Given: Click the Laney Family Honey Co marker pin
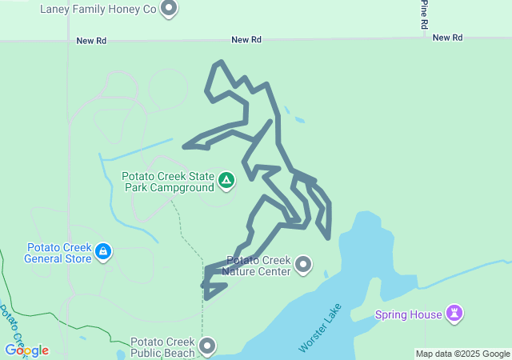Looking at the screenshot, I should pos(169,10).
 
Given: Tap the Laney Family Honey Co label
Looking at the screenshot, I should pos(98,10).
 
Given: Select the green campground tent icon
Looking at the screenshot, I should pos(226,181).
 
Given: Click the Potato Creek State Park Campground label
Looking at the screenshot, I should pos(168,182).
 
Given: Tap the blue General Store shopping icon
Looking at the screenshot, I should pos(102,252).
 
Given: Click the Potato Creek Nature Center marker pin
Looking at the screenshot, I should pos(303,264).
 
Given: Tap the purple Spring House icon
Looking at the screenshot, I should pos(455,313).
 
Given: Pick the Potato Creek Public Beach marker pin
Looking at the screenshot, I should pos(207,346).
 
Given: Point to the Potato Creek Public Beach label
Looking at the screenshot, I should pos(162,346).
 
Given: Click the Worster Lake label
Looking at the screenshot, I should pos(320,328).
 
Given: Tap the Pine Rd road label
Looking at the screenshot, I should pos(424,14).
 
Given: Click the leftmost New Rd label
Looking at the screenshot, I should pos(91,40).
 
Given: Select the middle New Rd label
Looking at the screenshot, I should pos(246,39).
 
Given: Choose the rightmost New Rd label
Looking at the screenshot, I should pos(447,38).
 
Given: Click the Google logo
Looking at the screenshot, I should pos(26,350).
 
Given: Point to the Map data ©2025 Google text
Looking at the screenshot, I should pos(462,354).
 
